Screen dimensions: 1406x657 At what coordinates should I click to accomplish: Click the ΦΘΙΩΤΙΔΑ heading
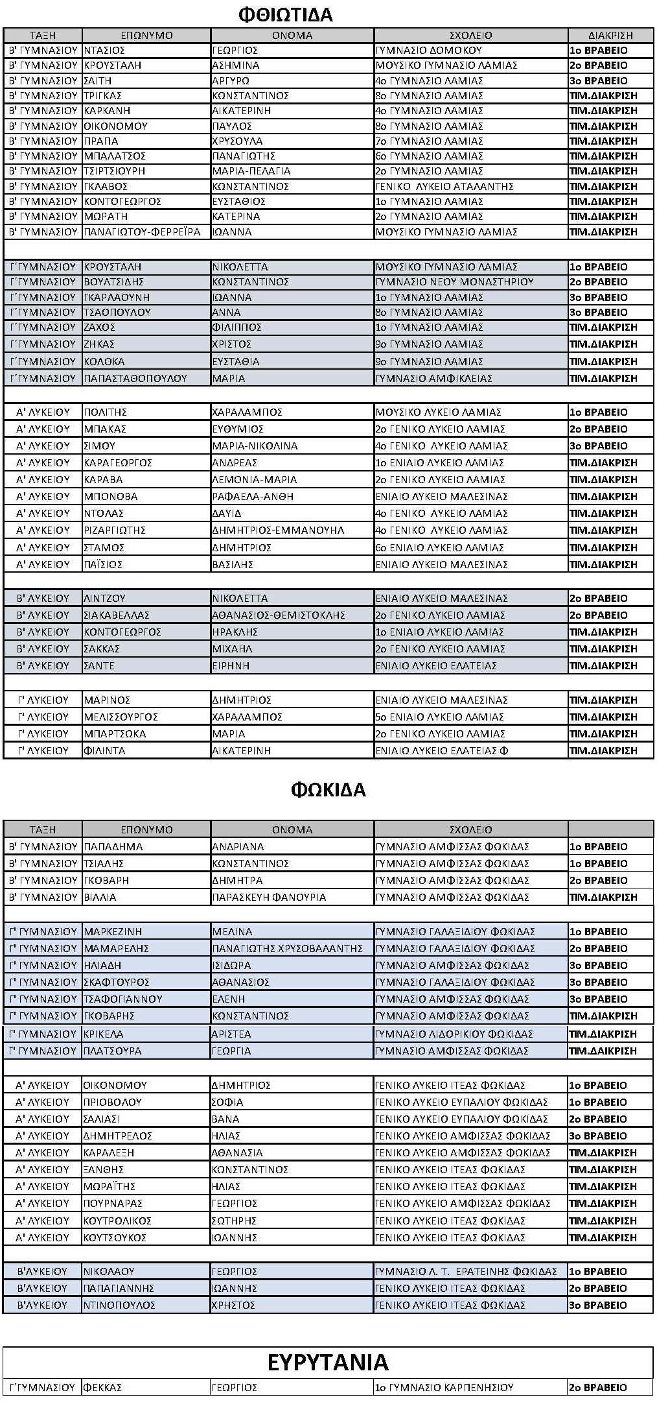tap(285, 14)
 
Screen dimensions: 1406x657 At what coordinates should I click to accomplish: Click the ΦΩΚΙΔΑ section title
tap(328, 789)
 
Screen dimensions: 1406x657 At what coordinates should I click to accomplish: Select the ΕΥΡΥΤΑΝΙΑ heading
tap(328, 1362)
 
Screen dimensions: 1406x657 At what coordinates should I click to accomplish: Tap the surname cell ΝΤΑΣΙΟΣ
tap(104, 51)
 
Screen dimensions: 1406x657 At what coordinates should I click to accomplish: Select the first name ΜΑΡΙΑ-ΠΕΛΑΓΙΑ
tap(251, 171)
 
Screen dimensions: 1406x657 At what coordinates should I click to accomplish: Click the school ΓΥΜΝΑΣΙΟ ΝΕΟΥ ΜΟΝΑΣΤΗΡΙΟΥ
tap(455, 282)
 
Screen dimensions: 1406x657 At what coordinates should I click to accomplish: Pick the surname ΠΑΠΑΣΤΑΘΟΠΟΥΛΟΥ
tap(135, 378)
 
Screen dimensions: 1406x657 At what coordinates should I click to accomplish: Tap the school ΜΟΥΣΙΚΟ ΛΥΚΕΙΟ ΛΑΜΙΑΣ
tap(439, 412)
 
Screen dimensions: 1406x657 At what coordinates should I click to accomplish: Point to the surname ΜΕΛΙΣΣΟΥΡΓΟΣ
tap(121, 717)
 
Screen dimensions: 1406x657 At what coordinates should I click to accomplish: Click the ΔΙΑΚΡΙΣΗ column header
tap(610, 36)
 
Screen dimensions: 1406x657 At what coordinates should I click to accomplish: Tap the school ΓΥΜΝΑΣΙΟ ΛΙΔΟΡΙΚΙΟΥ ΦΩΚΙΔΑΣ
tap(454, 1034)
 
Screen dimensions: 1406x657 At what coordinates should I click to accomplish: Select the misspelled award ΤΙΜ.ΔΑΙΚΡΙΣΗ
tap(603, 1051)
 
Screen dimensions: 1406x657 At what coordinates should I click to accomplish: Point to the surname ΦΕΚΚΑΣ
tap(102, 1388)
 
